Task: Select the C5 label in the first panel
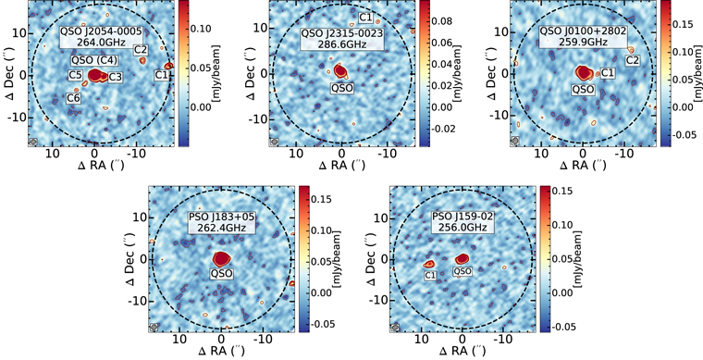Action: pos(76,74)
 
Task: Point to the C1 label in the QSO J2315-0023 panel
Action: pos(365,18)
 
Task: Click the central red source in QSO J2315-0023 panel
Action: pos(341,70)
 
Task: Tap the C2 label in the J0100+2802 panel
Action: pos(633,61)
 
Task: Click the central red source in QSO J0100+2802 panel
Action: pos(584,71)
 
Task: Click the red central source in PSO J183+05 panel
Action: pos(221,259)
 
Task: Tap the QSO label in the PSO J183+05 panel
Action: pos(221,274)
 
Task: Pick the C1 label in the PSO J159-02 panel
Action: pos(431,275)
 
